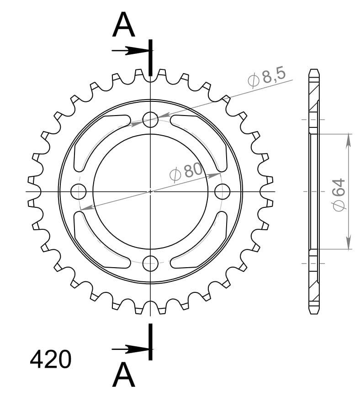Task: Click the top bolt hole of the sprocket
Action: (150, 120)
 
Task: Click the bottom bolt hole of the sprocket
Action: (150, 263)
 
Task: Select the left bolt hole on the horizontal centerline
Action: (79, 191)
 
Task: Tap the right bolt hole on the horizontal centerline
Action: (222, 191)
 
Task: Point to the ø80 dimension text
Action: (185, 172)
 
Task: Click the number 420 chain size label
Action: (51, 359)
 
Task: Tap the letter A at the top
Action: (124, 25)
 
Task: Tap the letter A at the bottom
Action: (124, 375)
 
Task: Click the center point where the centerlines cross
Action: (150, 191)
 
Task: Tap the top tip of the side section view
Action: (313, 70)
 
